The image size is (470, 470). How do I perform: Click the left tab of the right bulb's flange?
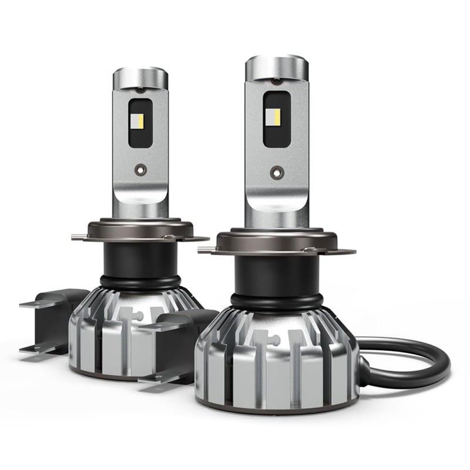point(206,251)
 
